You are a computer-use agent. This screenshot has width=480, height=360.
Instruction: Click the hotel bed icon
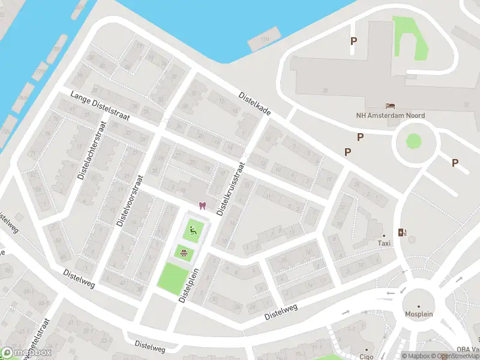[x=391, y=106]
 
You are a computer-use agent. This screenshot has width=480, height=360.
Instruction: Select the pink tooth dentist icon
[x=203, y=206]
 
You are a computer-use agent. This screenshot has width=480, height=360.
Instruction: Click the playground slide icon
[x=192, y=229]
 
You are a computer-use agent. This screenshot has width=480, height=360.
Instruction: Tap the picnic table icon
[x=183, y=253]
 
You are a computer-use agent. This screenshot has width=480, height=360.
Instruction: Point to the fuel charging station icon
[x=401, y=232]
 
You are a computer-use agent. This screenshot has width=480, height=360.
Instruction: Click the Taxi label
[x=384, y=243]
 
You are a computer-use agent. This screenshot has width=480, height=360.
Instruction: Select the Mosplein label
[x=418, y=313]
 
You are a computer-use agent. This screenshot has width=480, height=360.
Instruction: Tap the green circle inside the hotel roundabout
[x=413, y=141]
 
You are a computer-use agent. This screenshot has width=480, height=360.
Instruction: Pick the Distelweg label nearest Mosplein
[x=281, y=313]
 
